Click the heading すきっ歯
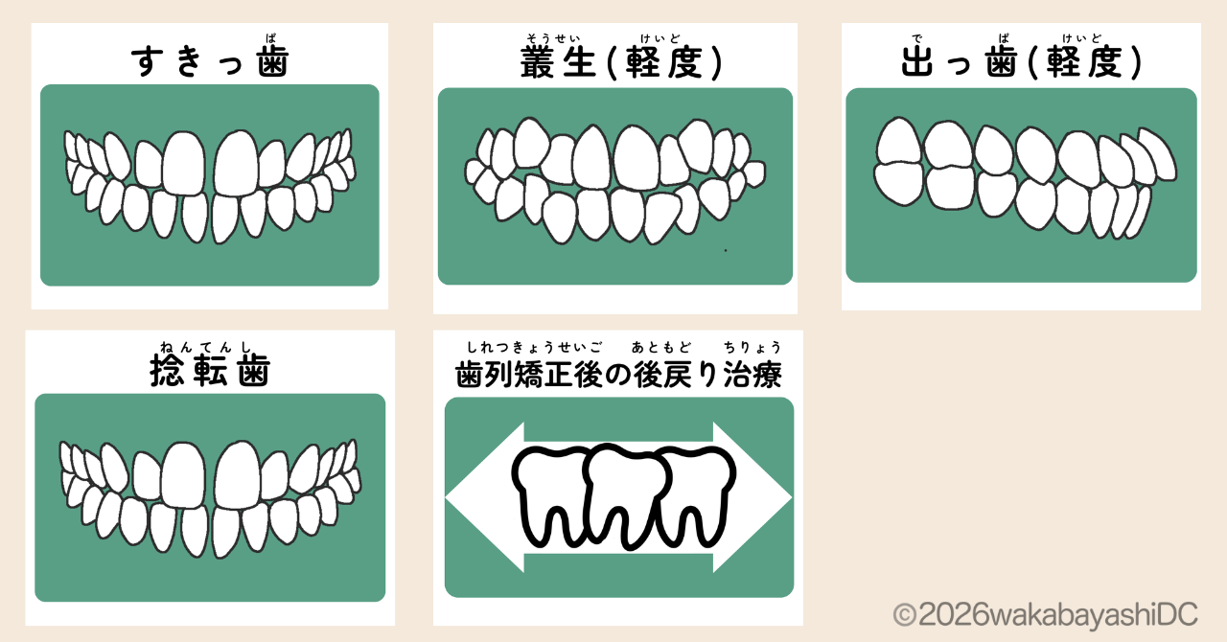pos(210,61)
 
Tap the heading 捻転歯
pos(210,371)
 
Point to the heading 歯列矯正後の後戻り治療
pos(618,375)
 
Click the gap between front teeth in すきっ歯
pos(210,168)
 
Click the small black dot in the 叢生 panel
pos(725,250)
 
